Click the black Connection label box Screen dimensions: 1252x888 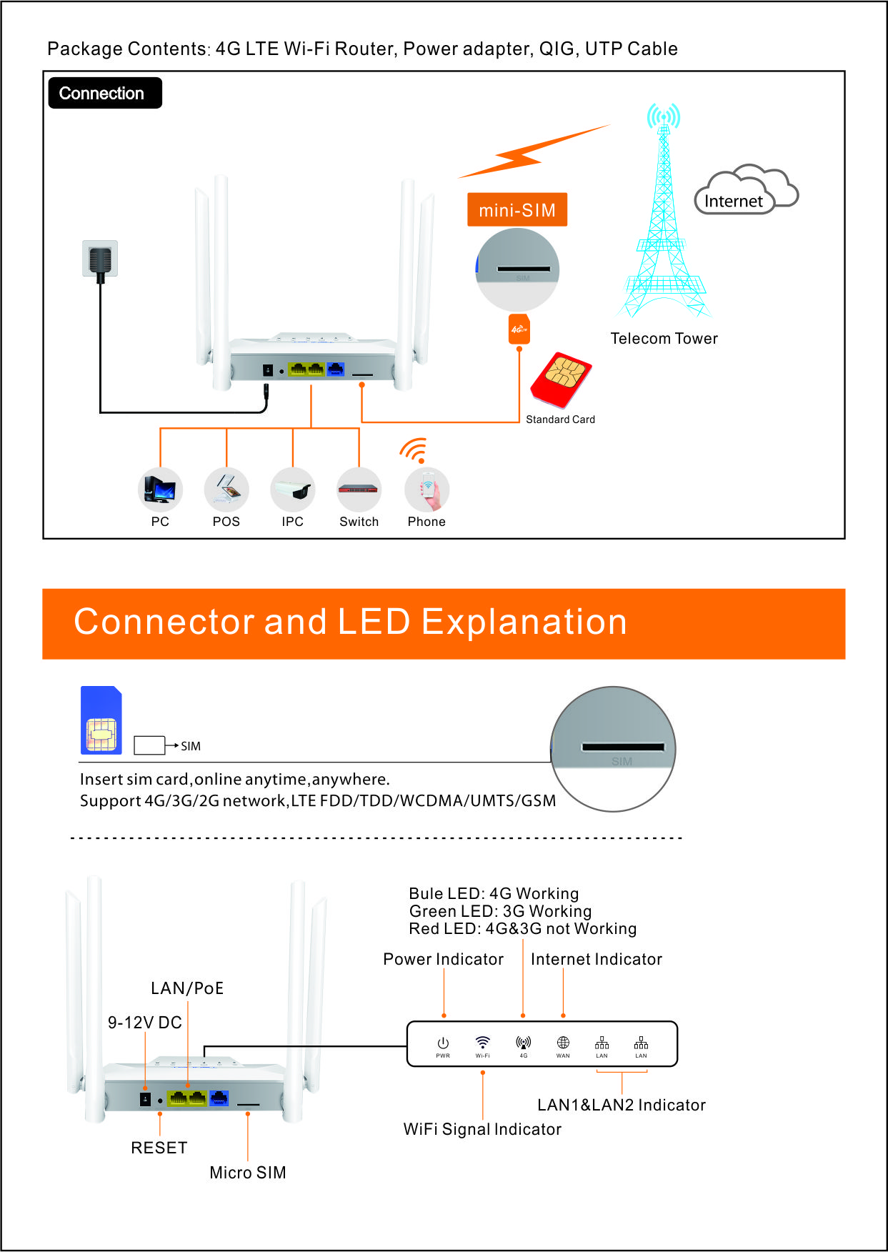105,93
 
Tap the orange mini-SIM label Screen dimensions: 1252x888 517,210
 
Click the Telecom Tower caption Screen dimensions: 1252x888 664,339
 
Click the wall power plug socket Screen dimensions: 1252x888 100,259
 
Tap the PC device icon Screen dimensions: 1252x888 160,490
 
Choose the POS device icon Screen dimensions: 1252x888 226,490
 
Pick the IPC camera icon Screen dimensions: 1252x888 293,490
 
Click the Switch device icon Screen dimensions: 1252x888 359,490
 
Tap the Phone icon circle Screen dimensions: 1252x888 426,490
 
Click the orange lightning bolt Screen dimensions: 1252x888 532,152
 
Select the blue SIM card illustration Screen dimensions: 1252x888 101,721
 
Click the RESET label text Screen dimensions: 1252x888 159,1148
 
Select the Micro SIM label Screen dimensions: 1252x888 248,1173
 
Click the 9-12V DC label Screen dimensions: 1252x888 145,1023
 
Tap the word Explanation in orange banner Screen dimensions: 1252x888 524,622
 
